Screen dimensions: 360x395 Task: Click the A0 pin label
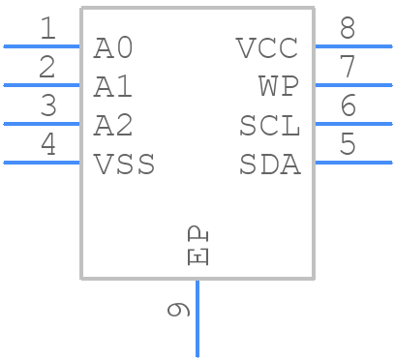[x=113, y=47]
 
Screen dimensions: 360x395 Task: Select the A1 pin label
[x=113, y=87]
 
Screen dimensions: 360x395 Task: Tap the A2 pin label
[x=113, y=126]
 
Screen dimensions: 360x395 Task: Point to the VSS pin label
[x=124, y=165]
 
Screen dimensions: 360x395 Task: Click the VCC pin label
[x=268, y=47]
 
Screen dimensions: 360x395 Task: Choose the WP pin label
[x=279, y=87]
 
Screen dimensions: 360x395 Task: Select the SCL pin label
[x=269, y=126]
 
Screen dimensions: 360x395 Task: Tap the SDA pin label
[x=269, y=165]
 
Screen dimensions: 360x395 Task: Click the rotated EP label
[x=197, y=246]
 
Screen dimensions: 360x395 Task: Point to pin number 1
[x=46, y=29]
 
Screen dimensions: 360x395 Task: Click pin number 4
[x=46, y=145]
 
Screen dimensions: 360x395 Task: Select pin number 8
[x=348, y=29]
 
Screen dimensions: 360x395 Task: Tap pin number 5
[x=348, y=145]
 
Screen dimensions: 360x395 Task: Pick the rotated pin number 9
[x=178, y=310]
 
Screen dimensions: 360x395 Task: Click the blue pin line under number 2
[x=42, y=85]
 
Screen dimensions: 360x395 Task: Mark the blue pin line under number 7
[x=353, y=85]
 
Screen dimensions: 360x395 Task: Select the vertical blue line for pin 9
[x=197, y=319]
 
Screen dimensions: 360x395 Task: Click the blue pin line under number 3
[x=42, y=124]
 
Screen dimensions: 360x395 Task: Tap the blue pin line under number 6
[x=353, y=124]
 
